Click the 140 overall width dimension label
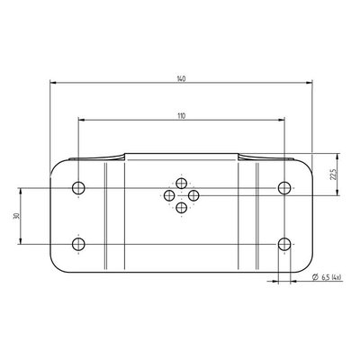(181, 79)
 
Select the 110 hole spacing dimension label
(181, 116)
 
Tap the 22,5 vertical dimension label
(333, 174)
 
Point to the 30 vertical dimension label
(16, 216)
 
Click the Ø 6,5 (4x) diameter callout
(327, 277)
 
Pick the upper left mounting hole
(78, 188)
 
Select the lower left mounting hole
(78, 244)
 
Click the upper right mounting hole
(284, 188)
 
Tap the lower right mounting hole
(284, 244)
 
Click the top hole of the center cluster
(182, 184)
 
